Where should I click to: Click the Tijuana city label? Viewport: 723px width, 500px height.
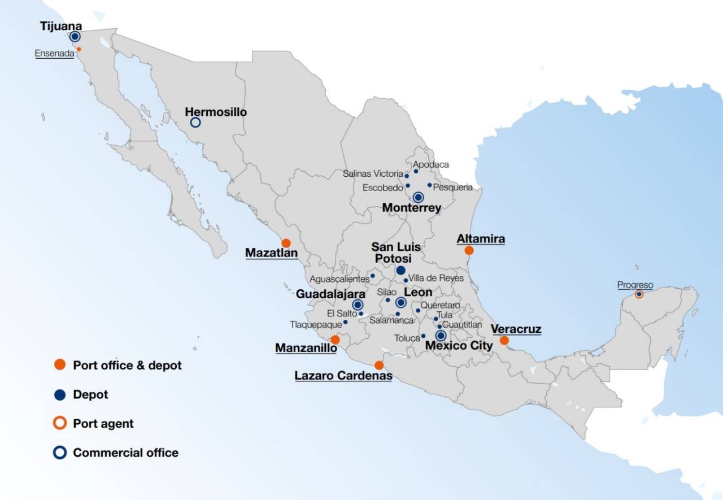coord(61,26)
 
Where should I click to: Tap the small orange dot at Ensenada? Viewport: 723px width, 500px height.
coord(79,49)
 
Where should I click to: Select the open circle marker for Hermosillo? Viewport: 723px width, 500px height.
coord(195,122)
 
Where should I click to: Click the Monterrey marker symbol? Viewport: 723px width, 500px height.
coord(418,197)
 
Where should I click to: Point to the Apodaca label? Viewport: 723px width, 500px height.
coord(431,164)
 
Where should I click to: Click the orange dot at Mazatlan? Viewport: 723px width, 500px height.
coord(286,243)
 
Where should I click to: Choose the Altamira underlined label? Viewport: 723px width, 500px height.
coord(481,239)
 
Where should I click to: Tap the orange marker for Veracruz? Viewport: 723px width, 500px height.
coord(504,340)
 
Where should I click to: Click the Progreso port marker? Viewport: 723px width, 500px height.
coord(639,294)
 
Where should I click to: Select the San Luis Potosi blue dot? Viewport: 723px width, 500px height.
coord(400,270)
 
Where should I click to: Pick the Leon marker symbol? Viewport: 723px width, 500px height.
coord(400,303)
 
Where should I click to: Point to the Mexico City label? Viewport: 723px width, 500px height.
coord(459,345)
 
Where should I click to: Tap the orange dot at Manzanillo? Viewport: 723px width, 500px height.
coord(335,340)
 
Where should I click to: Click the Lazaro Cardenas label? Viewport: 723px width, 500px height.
coord(343,376)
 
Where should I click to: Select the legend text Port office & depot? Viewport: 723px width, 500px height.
coord(127,365)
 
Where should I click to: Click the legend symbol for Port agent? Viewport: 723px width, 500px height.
coord(60,423)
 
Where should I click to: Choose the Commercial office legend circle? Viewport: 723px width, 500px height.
coord(60,453)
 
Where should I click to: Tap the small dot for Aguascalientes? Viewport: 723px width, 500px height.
coord(373,276)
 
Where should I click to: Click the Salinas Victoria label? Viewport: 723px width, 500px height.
coord(373,174)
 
